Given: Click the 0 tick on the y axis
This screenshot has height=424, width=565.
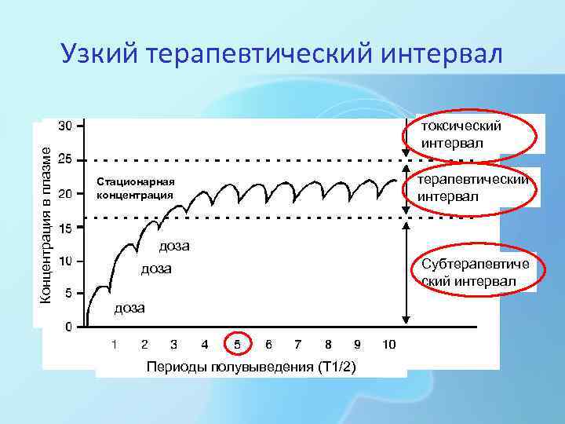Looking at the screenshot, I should point(69,326).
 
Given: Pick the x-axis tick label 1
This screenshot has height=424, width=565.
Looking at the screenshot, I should point(115,344).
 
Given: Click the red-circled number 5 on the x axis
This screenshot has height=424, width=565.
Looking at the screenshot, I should point(238,344).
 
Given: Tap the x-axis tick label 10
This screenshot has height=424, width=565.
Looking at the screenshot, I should point(389,344).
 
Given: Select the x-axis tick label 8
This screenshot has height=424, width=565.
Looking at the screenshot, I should point(328,344).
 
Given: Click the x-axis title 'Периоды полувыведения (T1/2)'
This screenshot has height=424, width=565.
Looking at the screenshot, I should point(250,367).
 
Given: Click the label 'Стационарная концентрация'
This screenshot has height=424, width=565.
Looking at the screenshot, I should point(134,188).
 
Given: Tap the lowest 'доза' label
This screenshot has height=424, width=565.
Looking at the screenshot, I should point(129,308).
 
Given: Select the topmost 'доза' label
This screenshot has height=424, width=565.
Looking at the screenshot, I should point(174,246).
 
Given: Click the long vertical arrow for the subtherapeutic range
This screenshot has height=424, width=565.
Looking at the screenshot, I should point(406,272).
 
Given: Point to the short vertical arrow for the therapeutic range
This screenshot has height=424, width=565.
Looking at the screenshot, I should point(406,188).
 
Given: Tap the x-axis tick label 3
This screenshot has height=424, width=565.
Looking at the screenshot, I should point(173,344).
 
